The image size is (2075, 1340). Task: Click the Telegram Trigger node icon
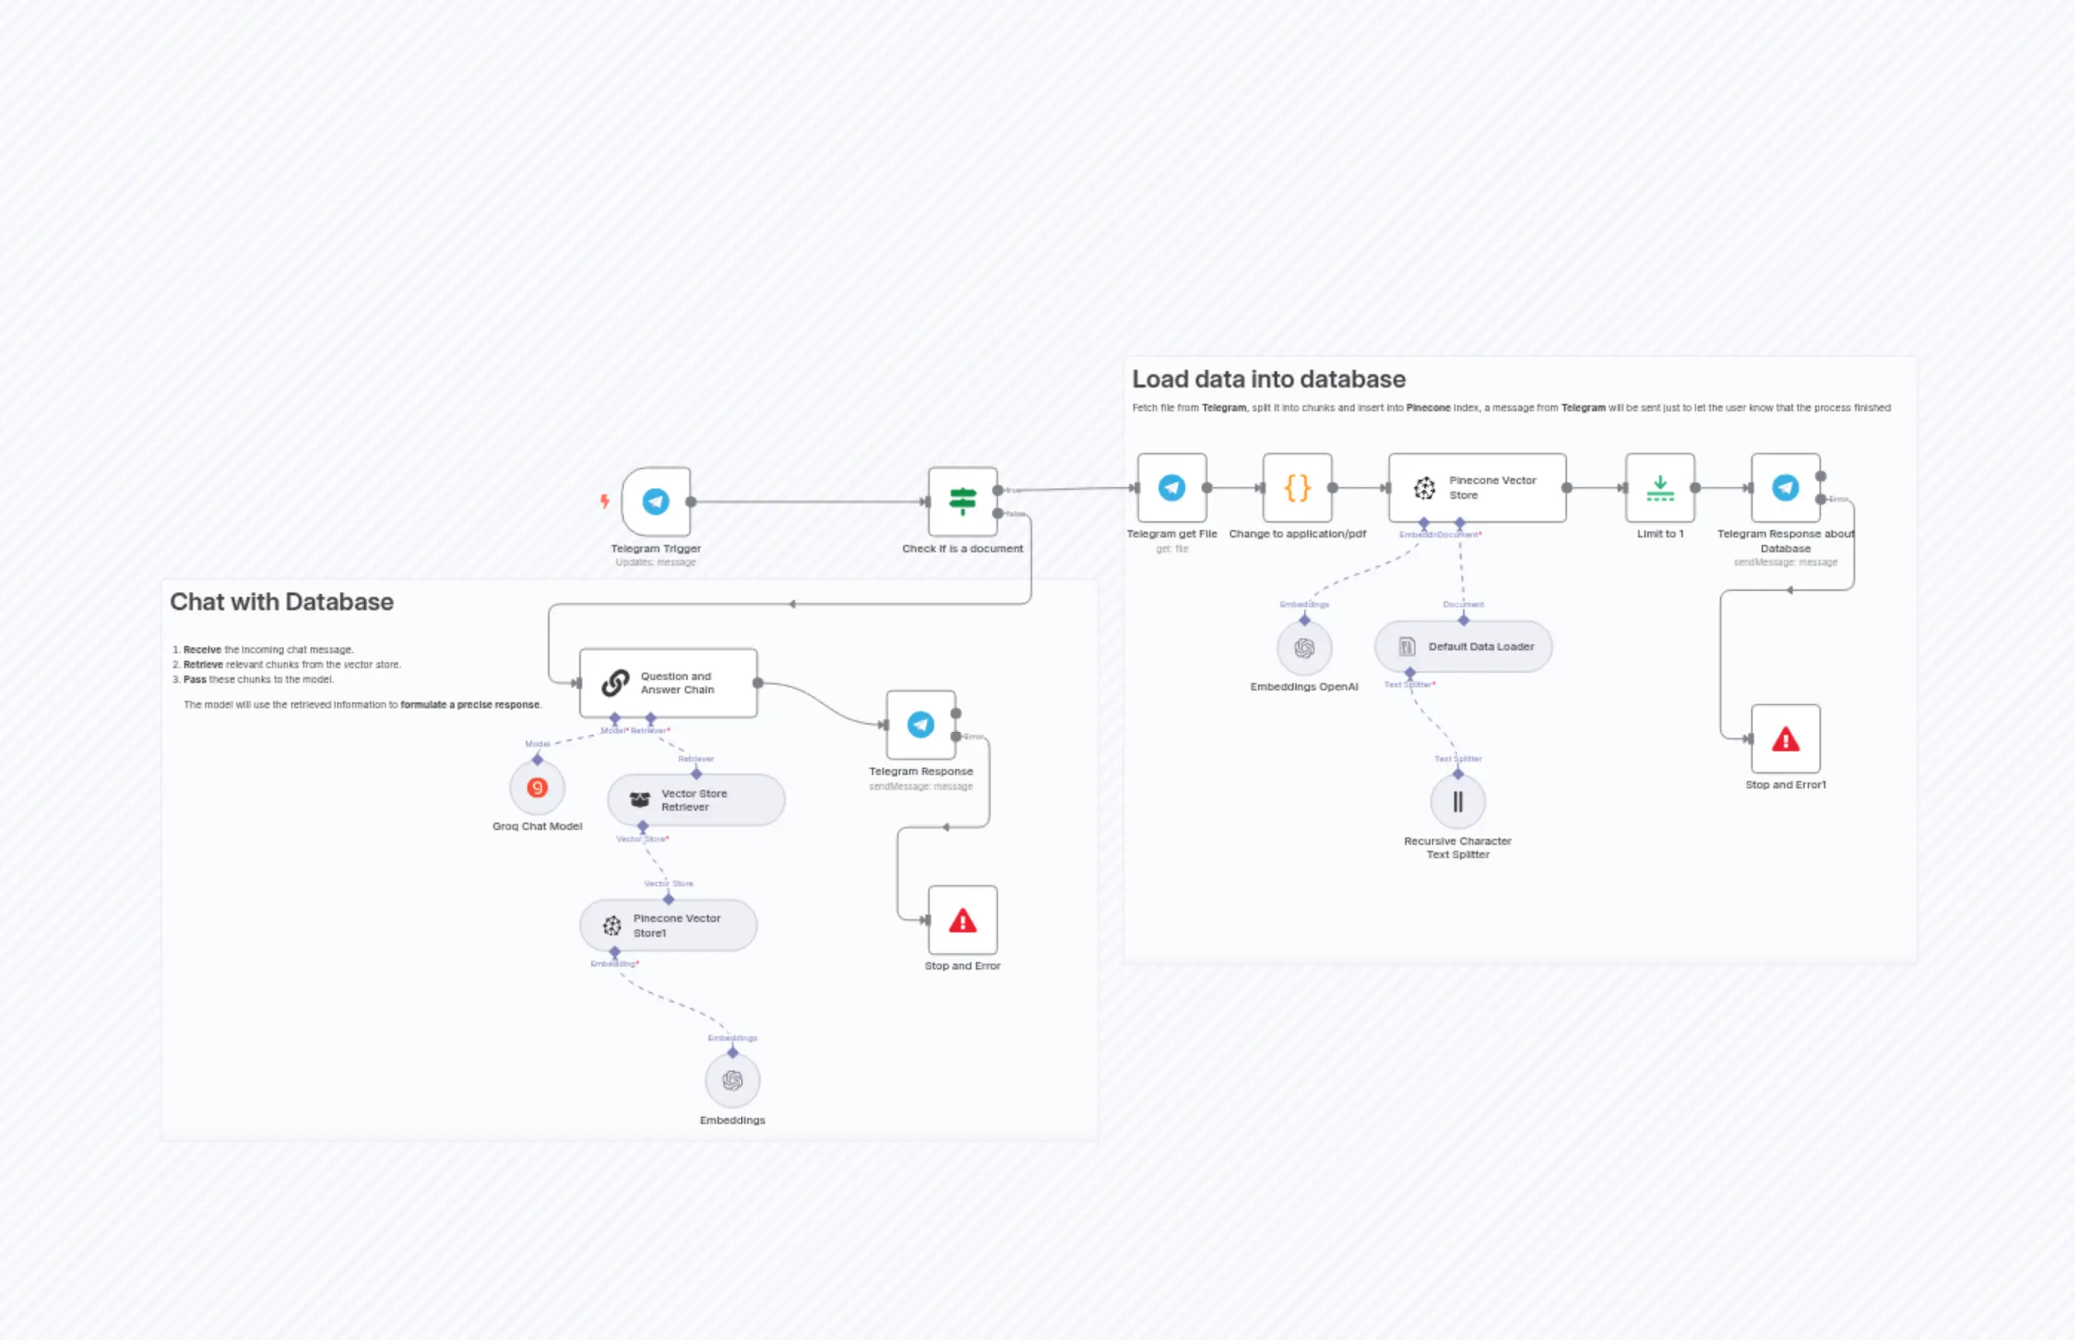click(x=656, y=501)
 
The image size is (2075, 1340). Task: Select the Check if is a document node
click(x=962, y=501)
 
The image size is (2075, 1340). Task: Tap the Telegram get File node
click(x=1171, y=487)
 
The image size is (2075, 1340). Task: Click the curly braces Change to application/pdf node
click(x=1297, y=487)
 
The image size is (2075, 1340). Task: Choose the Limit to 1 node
click(x=1660, y=487)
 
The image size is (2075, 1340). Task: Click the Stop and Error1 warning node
click(x=1785, y=739)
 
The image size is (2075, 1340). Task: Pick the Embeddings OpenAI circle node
click(x=1304, y=648)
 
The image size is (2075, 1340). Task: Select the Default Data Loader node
click(x=1462, y=647)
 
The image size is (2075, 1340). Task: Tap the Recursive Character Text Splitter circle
click(x=1458, y=801)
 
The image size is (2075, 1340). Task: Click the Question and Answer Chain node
click(x=668, y=683)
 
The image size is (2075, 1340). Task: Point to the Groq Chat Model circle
click(x=537, y=788)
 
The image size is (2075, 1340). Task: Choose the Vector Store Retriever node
click(x=695, y=800)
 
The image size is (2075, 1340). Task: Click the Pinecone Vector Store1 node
click(x=668, y=925)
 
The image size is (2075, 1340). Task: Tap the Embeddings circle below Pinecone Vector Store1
click(x=732, y=1080)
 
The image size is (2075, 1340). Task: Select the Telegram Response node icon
click(x=921, y=725)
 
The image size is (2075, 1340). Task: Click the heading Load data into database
click(x=1268, y=379)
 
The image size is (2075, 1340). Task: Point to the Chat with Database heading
click(x=281, y=602)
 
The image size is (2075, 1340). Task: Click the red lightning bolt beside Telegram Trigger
click(x=604, y=501)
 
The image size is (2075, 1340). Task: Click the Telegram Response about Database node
click(x=1785, y=487)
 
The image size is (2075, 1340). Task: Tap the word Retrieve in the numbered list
click(x=203, y=664)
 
